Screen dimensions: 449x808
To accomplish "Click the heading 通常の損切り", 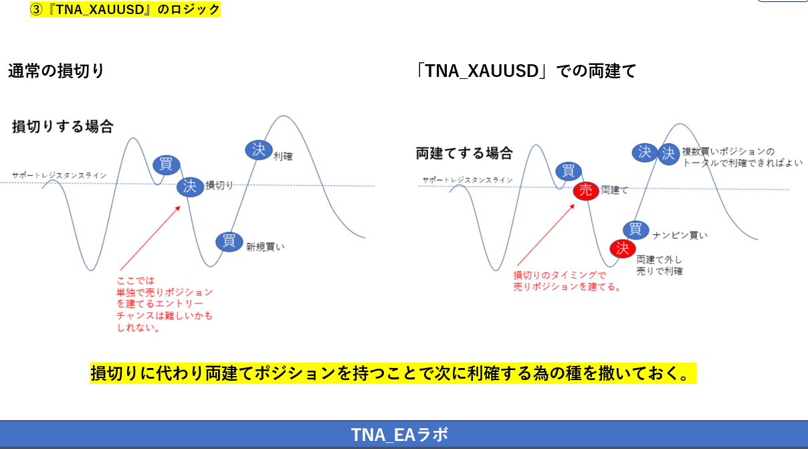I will pyautogui.click(x=56, y=71).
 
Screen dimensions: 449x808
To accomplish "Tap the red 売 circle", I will pyautogui.click(x=585, y=191).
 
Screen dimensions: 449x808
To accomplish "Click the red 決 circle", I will pyautogui.click(x=622, y=249).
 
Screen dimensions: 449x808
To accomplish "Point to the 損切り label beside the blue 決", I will pyautogui.click(x=219, y=185).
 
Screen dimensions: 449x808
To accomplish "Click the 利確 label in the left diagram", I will pyautogui.click(x=283, y=157).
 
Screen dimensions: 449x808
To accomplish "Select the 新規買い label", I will pyautogui.click(x=265, y=246).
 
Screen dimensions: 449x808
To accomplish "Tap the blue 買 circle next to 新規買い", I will pyautogui.click(x=229, y=241).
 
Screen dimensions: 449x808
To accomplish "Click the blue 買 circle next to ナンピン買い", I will pyautogui.click(x=635, y=230).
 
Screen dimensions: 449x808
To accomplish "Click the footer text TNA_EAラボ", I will pyautogui.click(x=399, y=435).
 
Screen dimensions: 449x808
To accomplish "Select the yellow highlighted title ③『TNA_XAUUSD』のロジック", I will pyautogui.click(x=125, y=9).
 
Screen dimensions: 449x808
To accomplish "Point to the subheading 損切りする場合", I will pyautogui.click(x=62, y=126).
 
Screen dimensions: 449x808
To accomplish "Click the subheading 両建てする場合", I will pyautogui.click(x=464, y=153).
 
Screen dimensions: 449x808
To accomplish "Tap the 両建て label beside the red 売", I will pyautogui.click(x=615, y=191).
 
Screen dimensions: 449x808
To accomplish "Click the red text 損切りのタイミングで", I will pyautogui.click(x=559, y=275).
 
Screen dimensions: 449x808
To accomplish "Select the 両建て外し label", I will pyautogui.click(x=659, y=259).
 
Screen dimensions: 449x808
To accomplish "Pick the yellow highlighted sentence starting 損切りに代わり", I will pyautogui.click(x=393, y=373).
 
